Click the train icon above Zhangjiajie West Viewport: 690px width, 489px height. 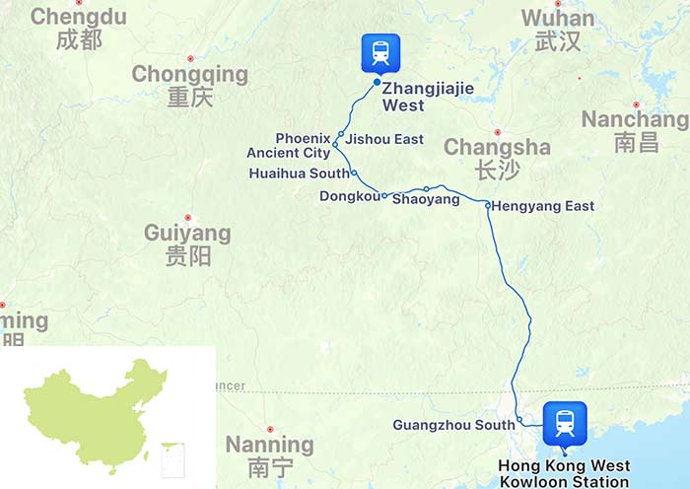pyautogui.click(x=379, y=52)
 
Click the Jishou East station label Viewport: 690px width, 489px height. pyautogui.click(x=384, y=139)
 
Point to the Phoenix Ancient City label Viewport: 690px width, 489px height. pyautogui.click(x=288, y=146)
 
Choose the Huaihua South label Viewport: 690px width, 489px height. pyautogui.click(x=300, y=174)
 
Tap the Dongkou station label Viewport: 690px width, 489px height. pyautogui.click(x=349, y=197)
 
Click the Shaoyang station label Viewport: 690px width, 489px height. pyautogui.click(x=426, y=200)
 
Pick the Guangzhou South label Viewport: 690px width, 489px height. pyautogui.click(x=452, y=425)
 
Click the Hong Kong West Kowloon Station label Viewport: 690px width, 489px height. pyautogui.click(x=564, y=474)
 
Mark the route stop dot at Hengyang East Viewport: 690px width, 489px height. pyautogui.click(x=487, y=205)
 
